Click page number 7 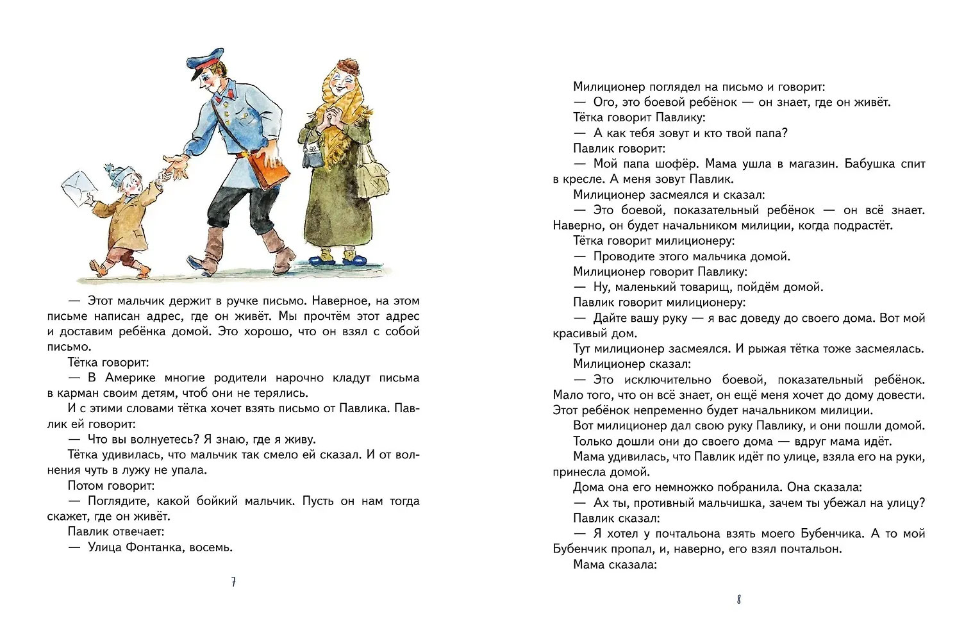(233, 583)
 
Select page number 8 (739, 600)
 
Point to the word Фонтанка (160, 547)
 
